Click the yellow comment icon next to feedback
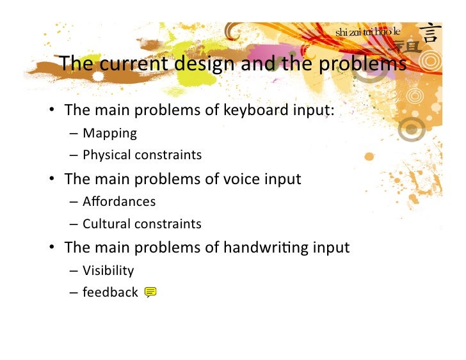pyautogui.click(x=150, y=292)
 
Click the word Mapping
pyautogui.click(x=109, y=133)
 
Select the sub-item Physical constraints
pyautogui.click(x=142, y=155)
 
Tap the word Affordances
pyautogui.click(x=119, y=201)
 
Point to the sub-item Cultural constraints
pyautogui.click(x=142, y=224)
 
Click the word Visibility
pyautogui.click(x=108, y=270)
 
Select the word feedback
pyautogui.click(x=110, y=292)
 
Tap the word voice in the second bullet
pyautogui.click(x=242, y=178)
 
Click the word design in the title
pyautogui.click(x=203, y=64)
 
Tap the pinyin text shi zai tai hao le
pyautogui.click(x=367, y=33)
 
